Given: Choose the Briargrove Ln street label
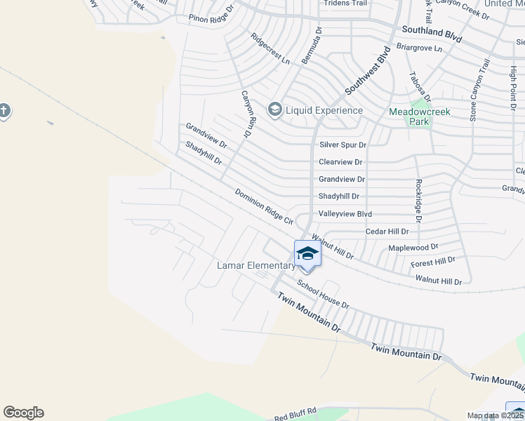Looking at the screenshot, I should [420, 48].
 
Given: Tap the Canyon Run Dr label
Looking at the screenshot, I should [246, 114].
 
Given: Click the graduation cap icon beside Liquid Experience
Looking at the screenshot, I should [274, 109].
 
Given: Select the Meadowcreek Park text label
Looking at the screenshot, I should [419, 116].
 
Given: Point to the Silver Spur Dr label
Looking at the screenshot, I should [343, 145].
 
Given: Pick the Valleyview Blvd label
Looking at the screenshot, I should [345, 214].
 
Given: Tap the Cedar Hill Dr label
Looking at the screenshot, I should [387, 232].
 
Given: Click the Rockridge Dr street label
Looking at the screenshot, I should [418, 201].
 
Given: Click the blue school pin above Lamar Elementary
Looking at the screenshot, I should [307, 253].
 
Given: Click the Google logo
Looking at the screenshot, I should [23, 413].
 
